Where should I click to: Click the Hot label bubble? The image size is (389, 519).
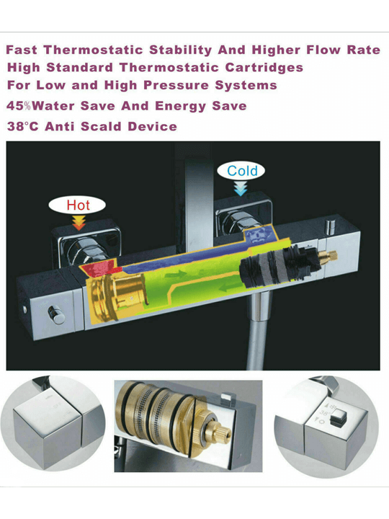[x=77, y=205]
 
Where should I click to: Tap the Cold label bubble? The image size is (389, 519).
[x=241, y=171]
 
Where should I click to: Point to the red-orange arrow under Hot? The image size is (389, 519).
[x=79, y=223]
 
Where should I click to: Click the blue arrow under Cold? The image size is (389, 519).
[x=241, y=189]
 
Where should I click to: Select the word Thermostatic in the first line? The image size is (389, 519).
[x=93, y=50]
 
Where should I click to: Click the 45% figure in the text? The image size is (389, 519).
[x=19, y=106]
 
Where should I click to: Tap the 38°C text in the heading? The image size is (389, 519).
[x=22, y=126]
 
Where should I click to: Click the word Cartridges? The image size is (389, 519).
[x=264, y=68]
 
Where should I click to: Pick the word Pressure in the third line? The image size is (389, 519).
[x=176, y=85]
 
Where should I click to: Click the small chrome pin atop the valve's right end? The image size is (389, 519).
[x=329, y=227]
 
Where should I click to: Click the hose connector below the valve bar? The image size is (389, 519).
[x=259, y=306]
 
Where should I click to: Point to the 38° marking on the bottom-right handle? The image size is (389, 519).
[x=324, y=414]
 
